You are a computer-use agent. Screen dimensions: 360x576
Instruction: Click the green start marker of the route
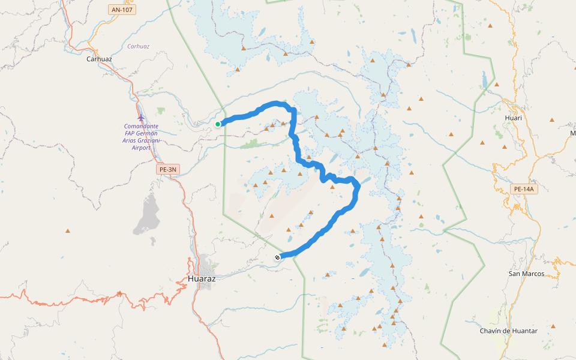[218, 124]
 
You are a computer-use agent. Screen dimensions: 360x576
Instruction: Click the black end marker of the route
[277, 257]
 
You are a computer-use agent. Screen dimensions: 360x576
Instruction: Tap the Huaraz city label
[202, 279]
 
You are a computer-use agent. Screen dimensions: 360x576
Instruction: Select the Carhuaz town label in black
[100, 59]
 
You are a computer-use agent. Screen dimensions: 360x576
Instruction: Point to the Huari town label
[514, 118]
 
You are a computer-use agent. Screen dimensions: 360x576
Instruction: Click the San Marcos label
[526, 274]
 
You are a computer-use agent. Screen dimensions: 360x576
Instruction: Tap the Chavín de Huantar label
[508, 331]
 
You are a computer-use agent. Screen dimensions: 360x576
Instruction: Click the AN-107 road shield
[122, 10]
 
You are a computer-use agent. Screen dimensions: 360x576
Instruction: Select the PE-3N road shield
[168, 170]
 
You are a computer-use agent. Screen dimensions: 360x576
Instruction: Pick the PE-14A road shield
[523, 190]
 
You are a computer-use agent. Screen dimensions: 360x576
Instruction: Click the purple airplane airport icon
[140, 116]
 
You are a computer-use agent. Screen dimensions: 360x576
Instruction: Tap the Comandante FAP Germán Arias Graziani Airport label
[141, 137]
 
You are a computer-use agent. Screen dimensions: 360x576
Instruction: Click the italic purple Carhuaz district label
[139, 46]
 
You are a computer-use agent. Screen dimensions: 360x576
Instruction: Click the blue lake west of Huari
[484, 80]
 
